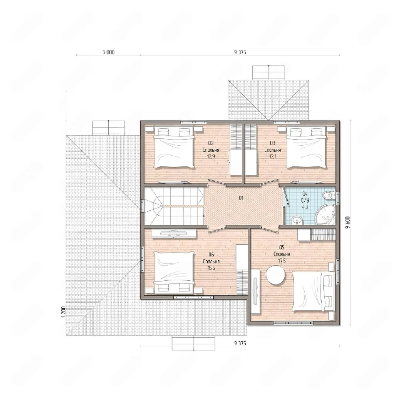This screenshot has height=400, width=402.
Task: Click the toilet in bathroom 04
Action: [328, 195]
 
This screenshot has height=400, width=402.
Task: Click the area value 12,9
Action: [211, 156]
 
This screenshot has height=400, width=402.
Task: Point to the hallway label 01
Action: [241, 198]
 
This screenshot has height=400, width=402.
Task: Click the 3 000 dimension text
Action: [108, 52]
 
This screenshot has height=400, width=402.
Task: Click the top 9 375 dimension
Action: [240, 52]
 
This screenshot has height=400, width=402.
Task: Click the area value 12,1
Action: [273, 156]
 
